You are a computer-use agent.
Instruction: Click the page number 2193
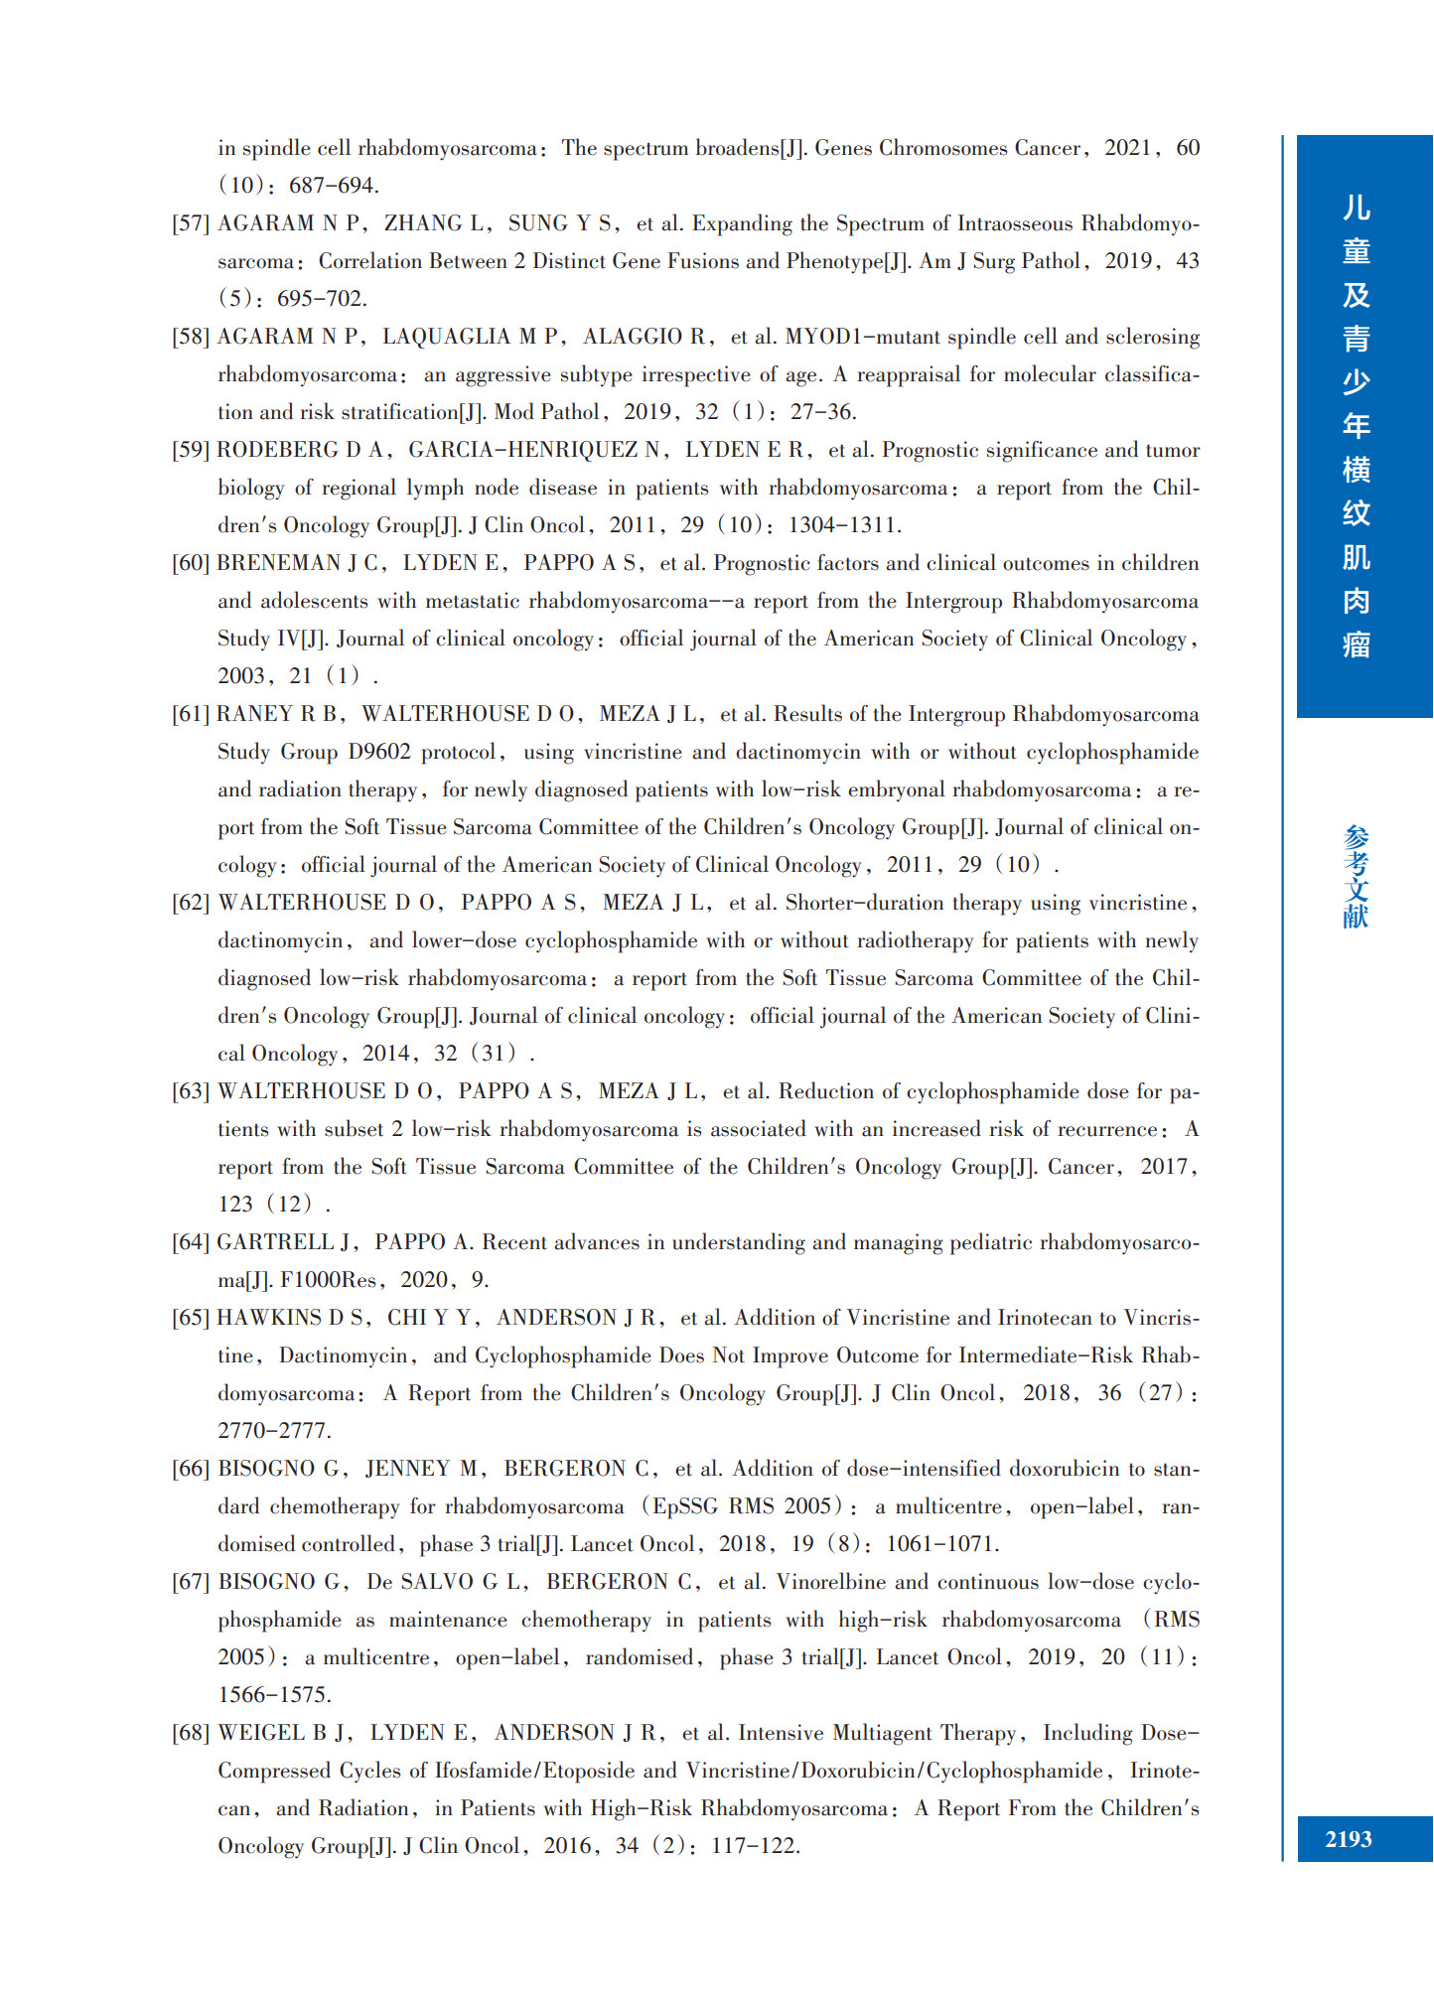click(x=1348, y=1839)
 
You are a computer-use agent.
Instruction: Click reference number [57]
click(x=191, y=223)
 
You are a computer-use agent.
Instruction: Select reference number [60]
click(x=191, y=563)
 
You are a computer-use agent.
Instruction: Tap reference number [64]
click(x=191, y=1242)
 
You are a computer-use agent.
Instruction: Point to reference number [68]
click(x=191, y=1733)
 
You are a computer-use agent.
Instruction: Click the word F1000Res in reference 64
click(x=328, y=1280)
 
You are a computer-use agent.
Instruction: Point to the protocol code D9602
click(x=379, y=752)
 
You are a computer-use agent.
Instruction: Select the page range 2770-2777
click(x=274, y=1431)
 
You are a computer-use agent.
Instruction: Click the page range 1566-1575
click(x=274, y=1695)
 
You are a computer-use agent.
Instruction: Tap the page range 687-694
click(x=334, y=186)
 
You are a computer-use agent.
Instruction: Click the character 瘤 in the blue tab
click(x=1356, y=645)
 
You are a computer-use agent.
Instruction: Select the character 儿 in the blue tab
click(x=1356, y=208)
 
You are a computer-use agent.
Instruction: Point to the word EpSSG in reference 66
click(x=684, y=1506)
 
